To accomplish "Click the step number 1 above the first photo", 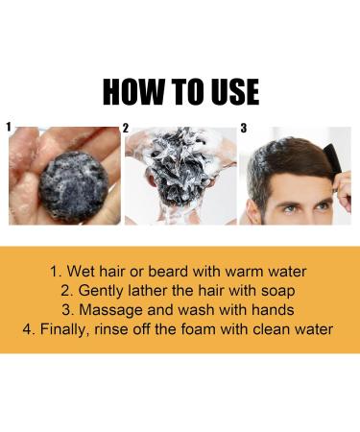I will point(8,126).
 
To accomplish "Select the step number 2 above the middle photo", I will point(125,128).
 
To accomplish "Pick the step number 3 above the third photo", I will point(243,128).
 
